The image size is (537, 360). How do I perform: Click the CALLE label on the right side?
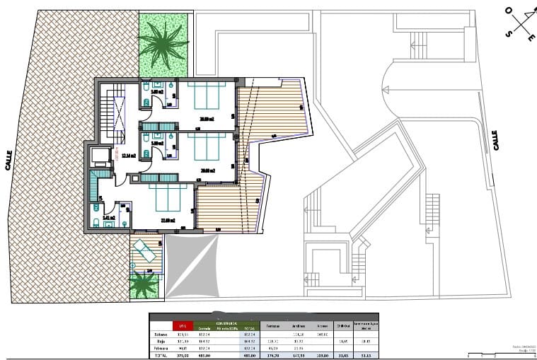[x=495, y=139]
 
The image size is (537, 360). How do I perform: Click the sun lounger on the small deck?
[x=146, y=250]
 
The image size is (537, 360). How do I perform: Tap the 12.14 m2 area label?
[x=128, y=156]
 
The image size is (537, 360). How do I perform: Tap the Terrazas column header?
[x=272, y=326]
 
